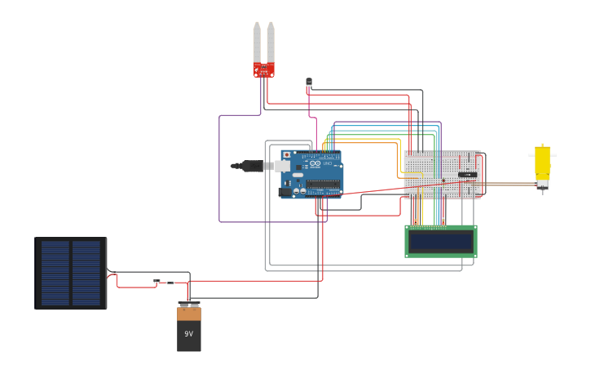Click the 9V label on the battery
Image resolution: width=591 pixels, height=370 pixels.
coord(188,334)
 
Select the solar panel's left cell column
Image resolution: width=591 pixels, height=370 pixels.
coord(55,273)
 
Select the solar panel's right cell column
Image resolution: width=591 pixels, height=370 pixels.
coord(86,273)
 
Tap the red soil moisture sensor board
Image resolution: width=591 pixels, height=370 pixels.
coord(263,70)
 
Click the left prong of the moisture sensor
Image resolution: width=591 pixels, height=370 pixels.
coord(257,41)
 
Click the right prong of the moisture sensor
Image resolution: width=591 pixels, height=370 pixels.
coord(271,41)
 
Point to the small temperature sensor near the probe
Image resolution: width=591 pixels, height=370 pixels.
coord(309,82)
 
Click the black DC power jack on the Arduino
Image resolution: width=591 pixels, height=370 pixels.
coord(284,193)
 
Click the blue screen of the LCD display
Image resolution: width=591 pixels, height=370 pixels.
coord(441,242)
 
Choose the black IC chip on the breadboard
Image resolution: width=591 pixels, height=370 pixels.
coord(467,174)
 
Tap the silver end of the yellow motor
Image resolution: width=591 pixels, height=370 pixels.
coord(542,186)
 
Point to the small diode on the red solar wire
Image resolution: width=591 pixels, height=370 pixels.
coord(157,282)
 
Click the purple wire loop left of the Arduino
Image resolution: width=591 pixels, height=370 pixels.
coord(219,172)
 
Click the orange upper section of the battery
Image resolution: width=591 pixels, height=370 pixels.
coord(188,314)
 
